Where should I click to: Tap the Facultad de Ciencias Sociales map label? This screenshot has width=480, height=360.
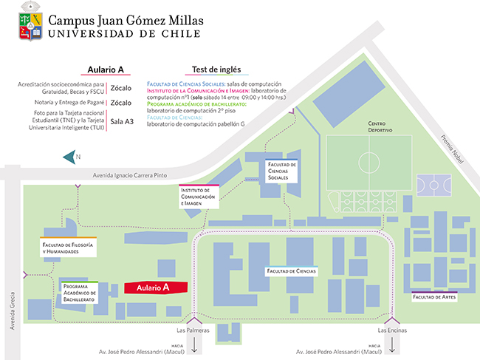pos(281,171)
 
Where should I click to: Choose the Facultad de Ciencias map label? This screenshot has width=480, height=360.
pos(292,271)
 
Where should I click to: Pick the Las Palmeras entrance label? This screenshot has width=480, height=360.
pos(194,330)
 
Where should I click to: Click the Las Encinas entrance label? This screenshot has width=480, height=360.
pos(392,330)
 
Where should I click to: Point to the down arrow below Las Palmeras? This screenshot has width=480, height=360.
pos(194,345)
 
